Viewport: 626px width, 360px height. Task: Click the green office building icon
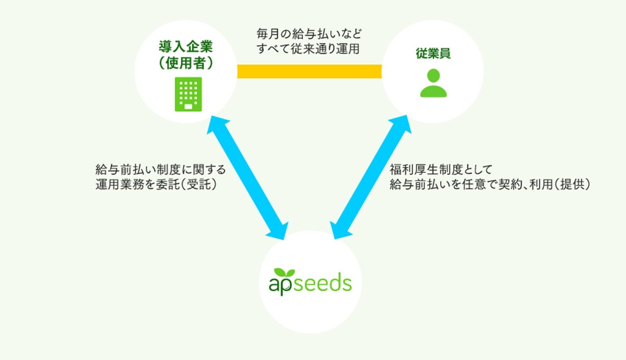188,94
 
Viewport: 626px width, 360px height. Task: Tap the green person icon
434,83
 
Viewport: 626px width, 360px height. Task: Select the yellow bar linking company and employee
309,71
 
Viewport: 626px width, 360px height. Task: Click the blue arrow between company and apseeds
247,178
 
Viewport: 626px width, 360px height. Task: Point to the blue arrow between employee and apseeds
371,177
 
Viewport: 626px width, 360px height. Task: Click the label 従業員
433,53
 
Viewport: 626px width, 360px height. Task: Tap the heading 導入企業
186,47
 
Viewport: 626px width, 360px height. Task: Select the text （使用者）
186,63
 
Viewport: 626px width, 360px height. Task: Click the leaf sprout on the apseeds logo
284,273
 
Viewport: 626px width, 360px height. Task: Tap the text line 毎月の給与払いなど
309,34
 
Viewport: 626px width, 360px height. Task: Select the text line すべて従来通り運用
308,49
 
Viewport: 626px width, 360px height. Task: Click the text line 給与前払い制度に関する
161,170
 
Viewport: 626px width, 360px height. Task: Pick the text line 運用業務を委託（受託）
156,184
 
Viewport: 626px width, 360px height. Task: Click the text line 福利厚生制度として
441,170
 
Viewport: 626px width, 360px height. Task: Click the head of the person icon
434,76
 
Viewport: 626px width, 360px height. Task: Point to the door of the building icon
188,106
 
